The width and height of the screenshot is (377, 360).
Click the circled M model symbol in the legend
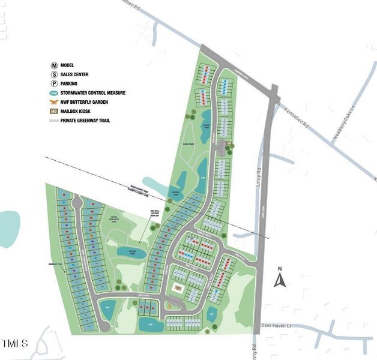[53, 65]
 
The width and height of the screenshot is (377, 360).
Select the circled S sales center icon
[53, 74]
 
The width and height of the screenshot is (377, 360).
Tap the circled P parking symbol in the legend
[53, 83]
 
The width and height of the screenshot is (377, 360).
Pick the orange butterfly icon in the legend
[53, 102]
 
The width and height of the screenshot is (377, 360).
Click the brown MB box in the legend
[53, 112]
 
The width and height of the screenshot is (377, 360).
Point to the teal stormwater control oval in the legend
[53, 93]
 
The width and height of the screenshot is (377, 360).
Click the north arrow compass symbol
[279, 278]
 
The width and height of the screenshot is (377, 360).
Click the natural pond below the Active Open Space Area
[131, 252]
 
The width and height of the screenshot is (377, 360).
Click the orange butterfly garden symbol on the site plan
[169, 305]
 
